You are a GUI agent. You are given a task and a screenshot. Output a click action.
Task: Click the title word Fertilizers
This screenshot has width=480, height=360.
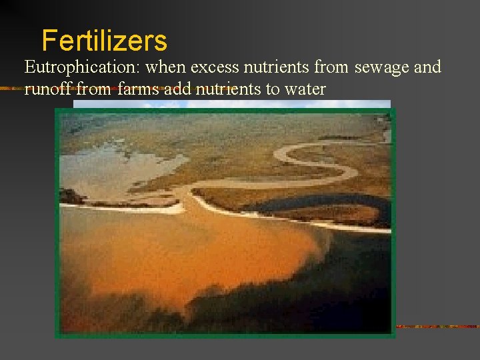(x=104, y=41)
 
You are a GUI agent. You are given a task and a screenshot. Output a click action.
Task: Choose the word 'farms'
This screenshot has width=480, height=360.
(x=137, y=89)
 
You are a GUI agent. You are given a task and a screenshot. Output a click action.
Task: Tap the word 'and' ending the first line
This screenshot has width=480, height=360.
(x=428, y=67)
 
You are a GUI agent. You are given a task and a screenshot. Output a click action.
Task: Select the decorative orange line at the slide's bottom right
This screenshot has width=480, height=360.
(x=437, y=327)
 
